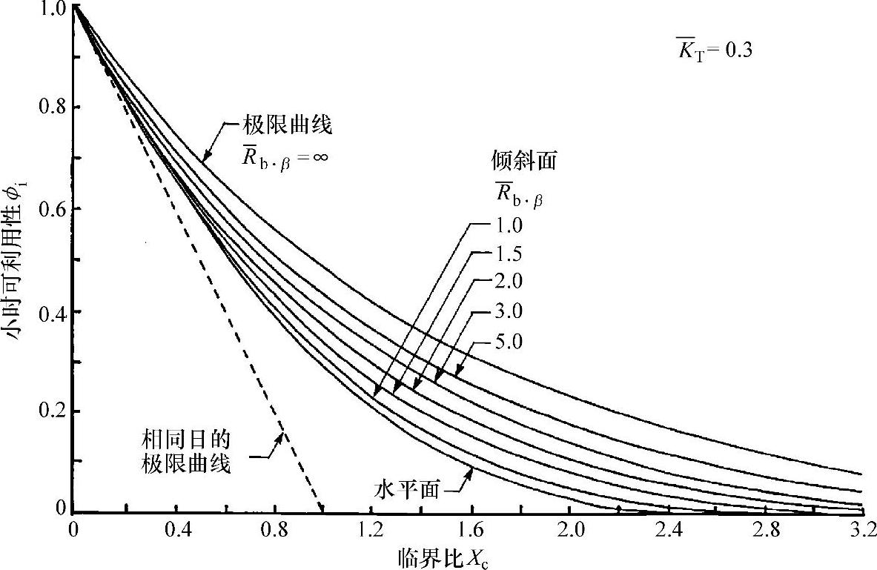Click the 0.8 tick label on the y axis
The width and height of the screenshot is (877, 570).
click(50, 107)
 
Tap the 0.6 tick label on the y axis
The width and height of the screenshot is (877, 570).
click(50, 209)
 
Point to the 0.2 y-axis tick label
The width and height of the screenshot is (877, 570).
click(50, 411)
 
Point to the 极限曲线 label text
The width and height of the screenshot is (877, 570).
click(285, 125)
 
